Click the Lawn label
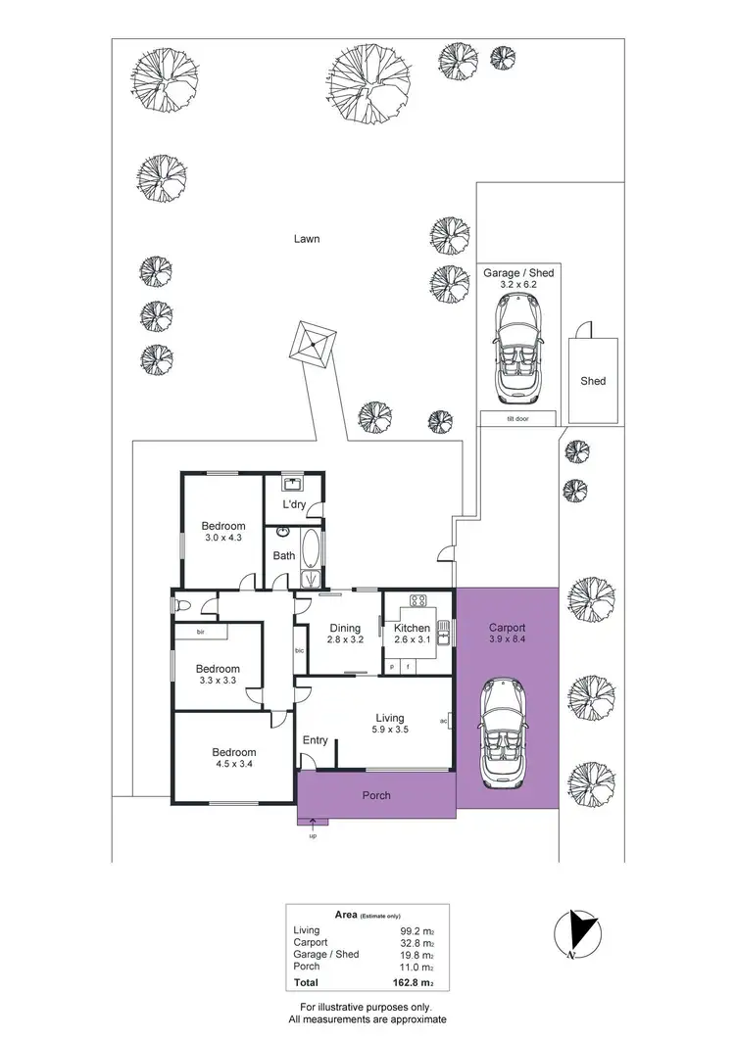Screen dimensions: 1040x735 306,238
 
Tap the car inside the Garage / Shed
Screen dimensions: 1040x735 516,348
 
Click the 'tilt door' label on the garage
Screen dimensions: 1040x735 516,418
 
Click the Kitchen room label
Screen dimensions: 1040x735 412,628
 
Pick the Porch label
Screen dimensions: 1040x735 376,795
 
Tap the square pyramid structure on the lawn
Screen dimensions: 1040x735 313,344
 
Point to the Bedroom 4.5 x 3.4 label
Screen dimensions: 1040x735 233,759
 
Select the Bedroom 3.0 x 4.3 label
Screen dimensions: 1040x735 223,532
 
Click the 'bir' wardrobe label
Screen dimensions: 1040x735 200,633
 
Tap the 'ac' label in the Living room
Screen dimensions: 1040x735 444,722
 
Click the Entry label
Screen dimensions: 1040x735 315,740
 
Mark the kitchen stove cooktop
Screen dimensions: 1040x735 416,600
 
